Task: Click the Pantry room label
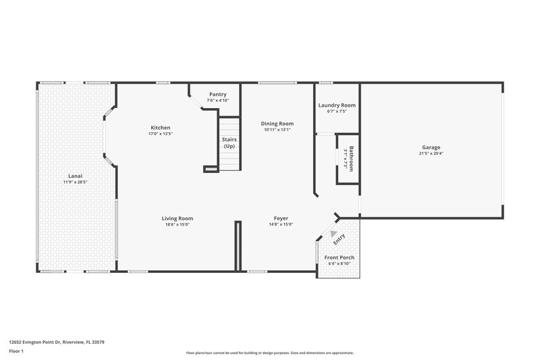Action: coord(218,94)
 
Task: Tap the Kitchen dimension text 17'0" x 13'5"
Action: coord(161,134)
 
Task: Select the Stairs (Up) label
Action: coord(230,143)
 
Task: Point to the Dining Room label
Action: coord(277,124)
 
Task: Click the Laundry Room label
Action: coord(337,105)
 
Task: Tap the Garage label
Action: coord(431,147)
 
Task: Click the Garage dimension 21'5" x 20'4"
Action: coord(431,153)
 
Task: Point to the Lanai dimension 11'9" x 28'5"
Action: coord(75,182)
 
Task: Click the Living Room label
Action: coord(178,218)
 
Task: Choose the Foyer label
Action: coord(281,218)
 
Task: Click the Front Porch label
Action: coord(340,257)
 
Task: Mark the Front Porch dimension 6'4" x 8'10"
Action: coord(340,263)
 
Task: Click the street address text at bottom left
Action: coord(56,342)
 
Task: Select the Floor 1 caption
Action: coord(17,351)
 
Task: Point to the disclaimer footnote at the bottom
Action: coord(269,353)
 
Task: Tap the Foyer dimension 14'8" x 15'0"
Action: coord(281,224)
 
